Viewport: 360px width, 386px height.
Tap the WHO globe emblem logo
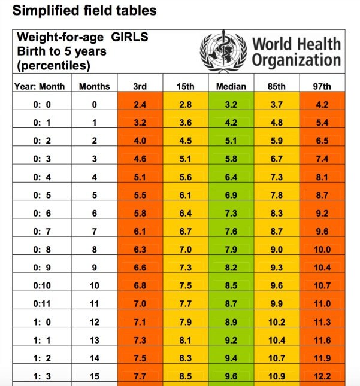[223, 52]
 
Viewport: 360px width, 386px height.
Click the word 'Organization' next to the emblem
[296, 60]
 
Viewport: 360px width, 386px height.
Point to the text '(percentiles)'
[54, 65]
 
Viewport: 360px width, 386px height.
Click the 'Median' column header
[231, 86]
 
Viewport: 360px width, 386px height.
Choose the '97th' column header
[322, 86]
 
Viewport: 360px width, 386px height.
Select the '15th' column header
[186, 86]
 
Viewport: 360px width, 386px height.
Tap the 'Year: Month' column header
[40, 86]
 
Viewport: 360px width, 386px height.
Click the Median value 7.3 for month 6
[231, 214]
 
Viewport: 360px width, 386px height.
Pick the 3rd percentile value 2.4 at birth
[140, 105]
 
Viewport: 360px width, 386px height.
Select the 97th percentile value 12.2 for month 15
[322, 376]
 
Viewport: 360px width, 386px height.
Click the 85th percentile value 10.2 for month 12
[276, 322]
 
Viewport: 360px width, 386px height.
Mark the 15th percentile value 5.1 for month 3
[186, 159]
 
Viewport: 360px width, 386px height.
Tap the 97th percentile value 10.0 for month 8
[322, 250]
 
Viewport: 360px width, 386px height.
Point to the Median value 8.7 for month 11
[231, 304]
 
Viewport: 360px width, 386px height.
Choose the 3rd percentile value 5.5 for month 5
[140, 196]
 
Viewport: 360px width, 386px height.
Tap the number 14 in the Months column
[94, 358]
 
